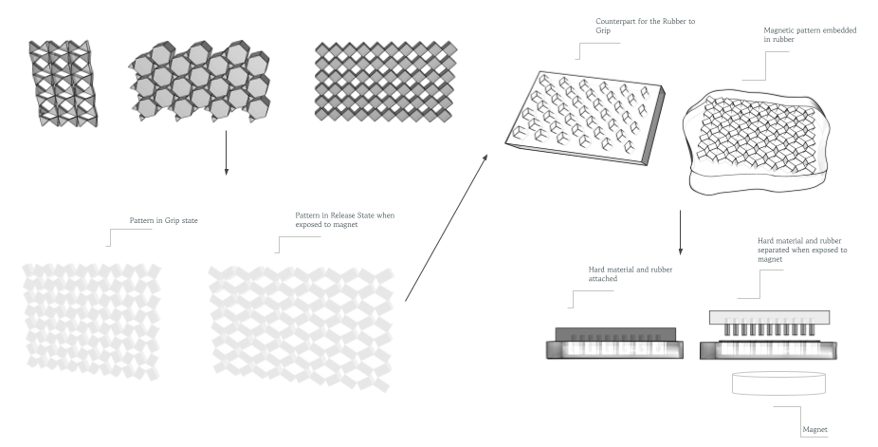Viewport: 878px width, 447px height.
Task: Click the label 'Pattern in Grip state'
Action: tap(163, 221)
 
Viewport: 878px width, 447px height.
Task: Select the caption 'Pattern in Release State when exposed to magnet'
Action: tap(344, 219)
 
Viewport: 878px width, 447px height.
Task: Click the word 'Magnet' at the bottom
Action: tap(815, 430)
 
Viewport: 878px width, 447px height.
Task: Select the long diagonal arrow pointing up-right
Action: tap(447, 229)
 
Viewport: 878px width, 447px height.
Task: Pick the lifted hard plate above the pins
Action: tap(769, 316)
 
